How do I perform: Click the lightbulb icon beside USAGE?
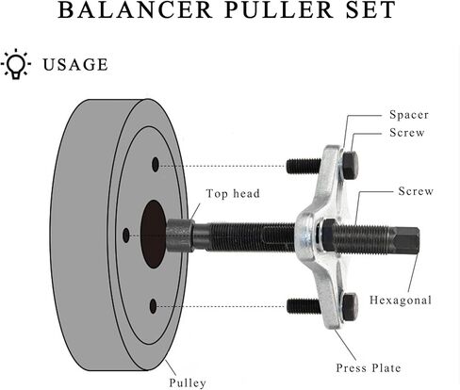click(x=16, y=64)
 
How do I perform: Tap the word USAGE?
click(x=75, y=65)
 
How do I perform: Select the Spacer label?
click(x=409, y=115)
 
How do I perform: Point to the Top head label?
click(x=233, y=193)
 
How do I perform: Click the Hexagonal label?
click(x=401, y=300)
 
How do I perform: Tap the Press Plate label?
click(x=369, y=368)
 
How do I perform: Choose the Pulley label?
click(x=188, y=382)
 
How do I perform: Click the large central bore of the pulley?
click(x=153, y=235)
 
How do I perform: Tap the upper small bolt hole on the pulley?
click(x=156, y=165)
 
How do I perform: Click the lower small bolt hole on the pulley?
click(x=153, y=306)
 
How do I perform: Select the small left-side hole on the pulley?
click(x=126, y=236)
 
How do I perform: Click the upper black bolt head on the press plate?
click(x=350, y=165)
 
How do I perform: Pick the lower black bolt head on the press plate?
click(x=350, y=307)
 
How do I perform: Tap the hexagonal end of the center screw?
click(x=406, y=240)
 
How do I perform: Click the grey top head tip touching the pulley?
click(x=179, y=236)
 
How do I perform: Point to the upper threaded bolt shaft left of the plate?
click(x=304, y=166)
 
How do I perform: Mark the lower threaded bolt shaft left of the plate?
click(x=304, y=306)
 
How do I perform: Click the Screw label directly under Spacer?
click(x=407, y=133)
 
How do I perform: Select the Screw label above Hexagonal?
click(x=416, y=191)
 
